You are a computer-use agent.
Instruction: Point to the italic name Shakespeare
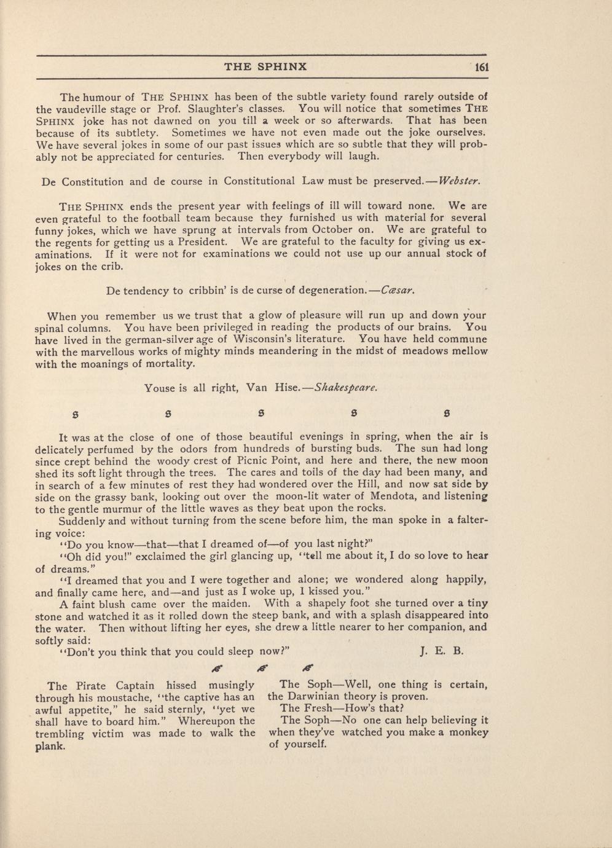click(345, 388)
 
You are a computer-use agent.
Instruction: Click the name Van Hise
click(272, 388)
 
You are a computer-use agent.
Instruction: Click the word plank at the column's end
click(50, 746)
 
